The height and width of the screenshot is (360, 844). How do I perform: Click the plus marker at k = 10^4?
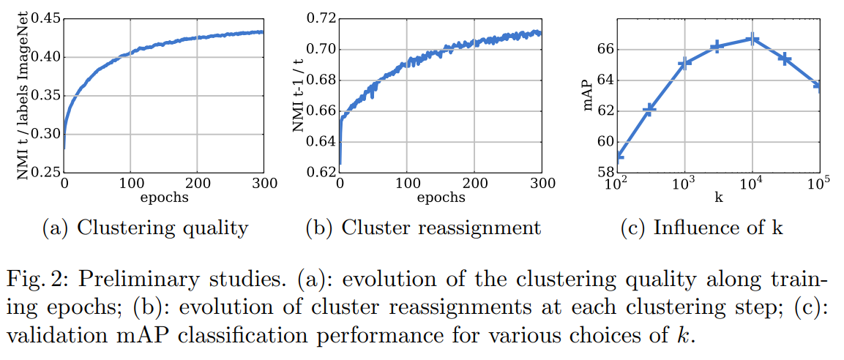(x=752, y=40)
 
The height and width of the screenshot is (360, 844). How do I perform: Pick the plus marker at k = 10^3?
(x=684, y=63)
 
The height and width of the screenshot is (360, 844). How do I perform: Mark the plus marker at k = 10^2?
(x=619, y=155)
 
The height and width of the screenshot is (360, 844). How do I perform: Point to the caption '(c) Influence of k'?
(x=702, y=228)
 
